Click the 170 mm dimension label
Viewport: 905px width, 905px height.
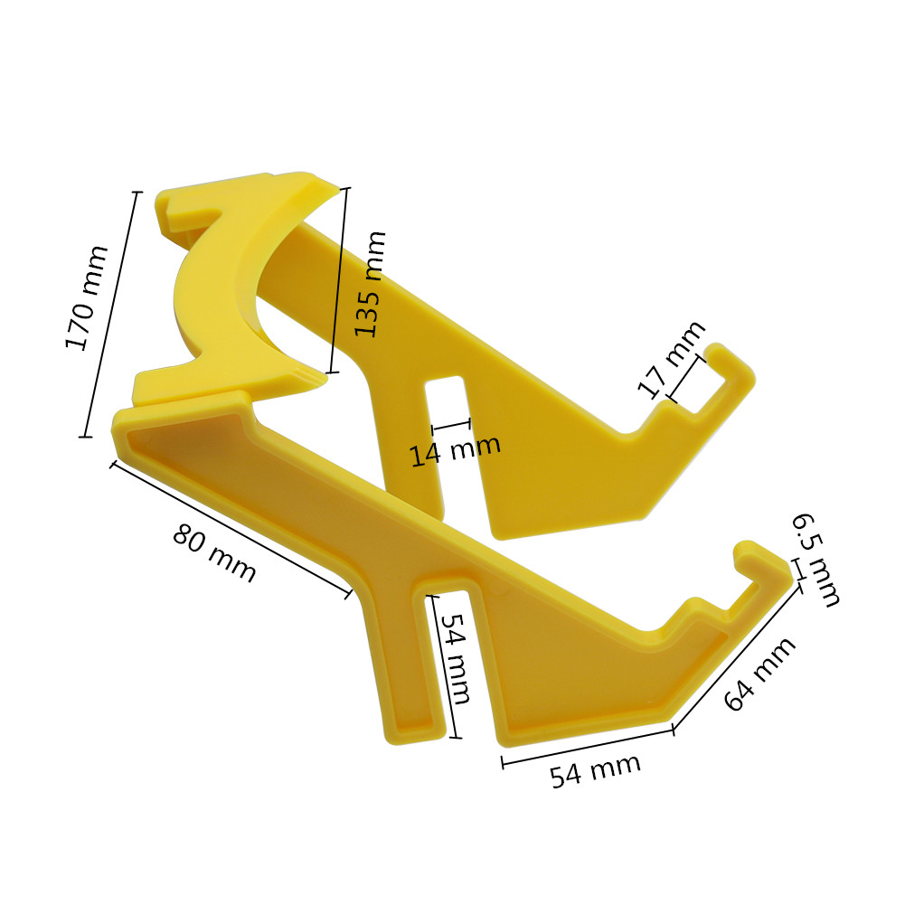[x=87, y=298]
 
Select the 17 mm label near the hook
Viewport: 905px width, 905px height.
[x=671, y=359]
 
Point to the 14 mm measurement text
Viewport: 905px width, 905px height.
[x=455, y=448]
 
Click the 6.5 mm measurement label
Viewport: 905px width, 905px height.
[x=816, y=560]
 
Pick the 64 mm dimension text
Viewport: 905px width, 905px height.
[x=760, y=674]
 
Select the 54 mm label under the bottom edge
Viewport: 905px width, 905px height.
[x=596, y=769]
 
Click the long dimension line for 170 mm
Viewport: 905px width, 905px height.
[x=112, y=314]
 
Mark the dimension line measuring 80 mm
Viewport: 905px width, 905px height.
[x=231, y=529]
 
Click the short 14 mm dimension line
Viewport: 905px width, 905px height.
[x=451, y=424]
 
